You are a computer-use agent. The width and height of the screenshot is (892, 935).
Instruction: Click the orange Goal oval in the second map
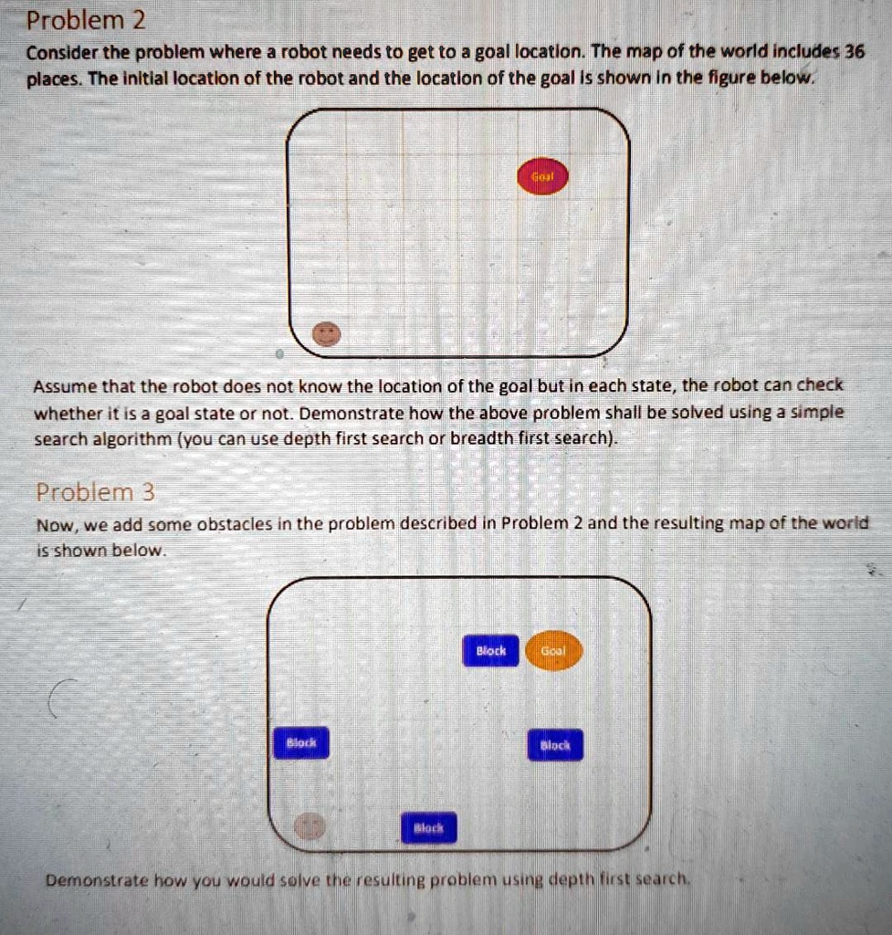(x=554, y=650)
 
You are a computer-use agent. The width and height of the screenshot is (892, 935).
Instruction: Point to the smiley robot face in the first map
(x=326, y=335)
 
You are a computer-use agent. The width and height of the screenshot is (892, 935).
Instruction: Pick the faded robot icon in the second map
(x=310, y=827)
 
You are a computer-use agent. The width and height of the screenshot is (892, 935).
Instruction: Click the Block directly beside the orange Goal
(x=491, y=650)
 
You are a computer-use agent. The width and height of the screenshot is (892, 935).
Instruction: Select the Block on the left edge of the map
(x=301, y=743)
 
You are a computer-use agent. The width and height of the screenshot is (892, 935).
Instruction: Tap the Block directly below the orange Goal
(x=555, y=744)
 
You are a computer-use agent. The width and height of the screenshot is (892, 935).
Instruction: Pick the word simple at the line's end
(x=818, y=413)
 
